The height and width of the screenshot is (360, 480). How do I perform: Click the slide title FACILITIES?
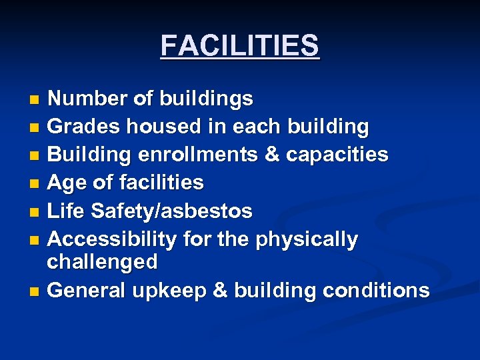pyautogui.click(x=240, y=46)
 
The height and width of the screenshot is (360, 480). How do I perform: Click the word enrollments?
pyautogui.click(x=199, y=155)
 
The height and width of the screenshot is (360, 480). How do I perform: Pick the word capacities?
pyautogui.click(x=337, y=155)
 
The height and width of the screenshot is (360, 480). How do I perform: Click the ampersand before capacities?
pyautogui.click(x=272, y=155)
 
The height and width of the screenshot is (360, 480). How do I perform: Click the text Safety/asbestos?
pyautogui.click(x=171, y=211)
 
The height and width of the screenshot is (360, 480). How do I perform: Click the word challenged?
pyautogui.click(x=102, y=262)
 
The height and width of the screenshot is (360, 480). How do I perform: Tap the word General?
pyautogui.click(x=87, y=290)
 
